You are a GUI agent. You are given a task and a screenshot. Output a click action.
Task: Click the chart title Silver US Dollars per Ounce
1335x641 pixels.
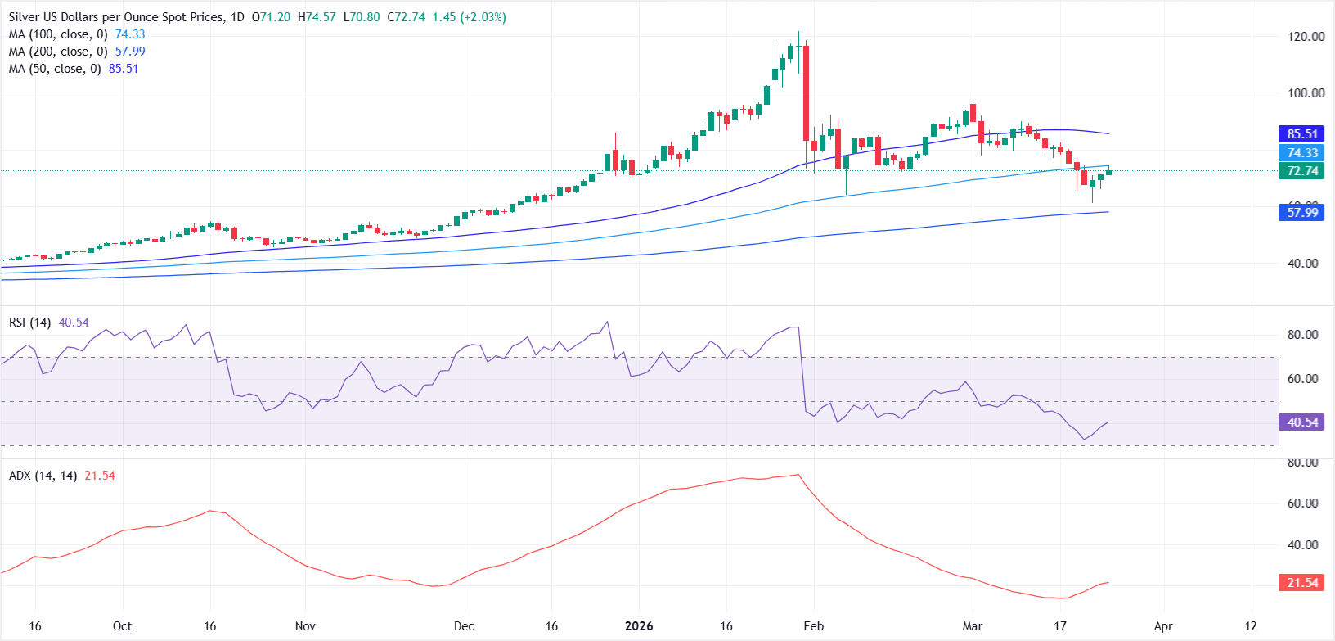(x=115, y=17)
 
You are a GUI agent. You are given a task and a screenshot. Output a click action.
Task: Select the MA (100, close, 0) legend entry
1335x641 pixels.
(x=57, y=34)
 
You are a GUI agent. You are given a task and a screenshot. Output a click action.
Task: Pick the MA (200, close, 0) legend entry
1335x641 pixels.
(x=57, y=52)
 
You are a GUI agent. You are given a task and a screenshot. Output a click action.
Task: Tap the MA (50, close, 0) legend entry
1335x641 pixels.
(x=54, y=69)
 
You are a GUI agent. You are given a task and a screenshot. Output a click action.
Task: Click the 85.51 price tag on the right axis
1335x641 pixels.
(x=1302, y=134)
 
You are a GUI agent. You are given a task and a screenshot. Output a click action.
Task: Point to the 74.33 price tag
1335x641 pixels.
(x=1302, y=153)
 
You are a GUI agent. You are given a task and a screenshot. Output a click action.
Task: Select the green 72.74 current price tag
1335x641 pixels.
(x=1302, y=171)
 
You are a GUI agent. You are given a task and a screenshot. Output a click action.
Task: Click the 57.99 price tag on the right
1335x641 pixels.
(x=1302, y=213)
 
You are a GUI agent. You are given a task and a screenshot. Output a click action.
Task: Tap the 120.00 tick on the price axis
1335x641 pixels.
(x=1306, y=37)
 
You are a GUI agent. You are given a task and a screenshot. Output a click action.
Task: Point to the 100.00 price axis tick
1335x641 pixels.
(x=1306, y=93)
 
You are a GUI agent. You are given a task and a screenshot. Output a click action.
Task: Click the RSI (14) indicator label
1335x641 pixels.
(x=30, y=323)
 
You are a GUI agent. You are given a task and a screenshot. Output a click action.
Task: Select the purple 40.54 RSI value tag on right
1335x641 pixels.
(x=1302, y=422)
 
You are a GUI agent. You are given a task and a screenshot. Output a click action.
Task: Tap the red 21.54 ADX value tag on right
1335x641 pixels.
(x=1302, y=583)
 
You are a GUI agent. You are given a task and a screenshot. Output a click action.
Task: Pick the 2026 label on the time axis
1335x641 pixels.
(x=639, y=626)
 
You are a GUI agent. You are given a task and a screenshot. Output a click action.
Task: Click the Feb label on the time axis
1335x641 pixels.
(x=813, y=626)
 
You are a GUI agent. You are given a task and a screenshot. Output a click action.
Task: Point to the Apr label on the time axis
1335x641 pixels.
(x=1163, y=626)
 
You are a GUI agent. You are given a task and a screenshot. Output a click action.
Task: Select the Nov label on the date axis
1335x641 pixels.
(x=305, y=626)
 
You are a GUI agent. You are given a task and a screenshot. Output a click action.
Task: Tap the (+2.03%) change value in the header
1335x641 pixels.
(x=483, y=17)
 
